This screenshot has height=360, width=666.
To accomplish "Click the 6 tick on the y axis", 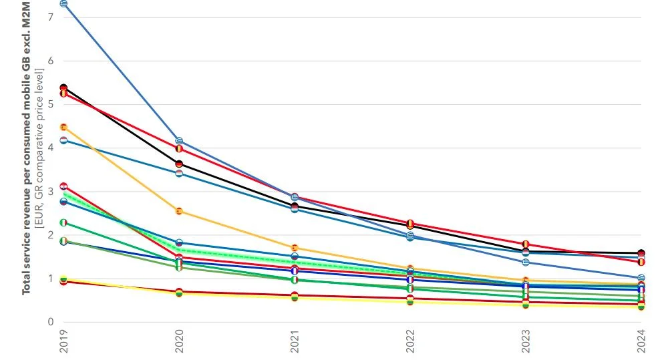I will pos(50,61).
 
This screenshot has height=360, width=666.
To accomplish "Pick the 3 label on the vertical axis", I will pos(50,192).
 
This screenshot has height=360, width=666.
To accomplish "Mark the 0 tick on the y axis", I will pos(50,322).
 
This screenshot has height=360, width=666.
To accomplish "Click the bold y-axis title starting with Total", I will pos(27,147).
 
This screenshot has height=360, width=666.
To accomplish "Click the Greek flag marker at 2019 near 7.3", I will pos(63,4).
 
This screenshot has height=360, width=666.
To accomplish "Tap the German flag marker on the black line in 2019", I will pos(63,87).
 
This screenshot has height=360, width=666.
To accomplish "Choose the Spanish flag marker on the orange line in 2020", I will pos(179,211).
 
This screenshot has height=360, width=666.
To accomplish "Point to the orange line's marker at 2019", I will pos(63,127).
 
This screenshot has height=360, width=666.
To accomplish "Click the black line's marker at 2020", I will pos(179,164).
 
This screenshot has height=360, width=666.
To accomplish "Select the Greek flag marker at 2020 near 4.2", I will pos(179,141).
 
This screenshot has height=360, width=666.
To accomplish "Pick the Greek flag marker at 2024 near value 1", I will pos(641,278).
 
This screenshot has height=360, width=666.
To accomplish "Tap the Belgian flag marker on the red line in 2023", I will pos(526,244).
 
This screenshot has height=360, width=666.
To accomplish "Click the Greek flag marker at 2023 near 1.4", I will pos(526,262).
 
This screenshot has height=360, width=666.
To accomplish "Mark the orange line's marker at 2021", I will pos(295,248).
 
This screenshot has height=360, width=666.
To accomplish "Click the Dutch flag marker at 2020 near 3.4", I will pos(179,173).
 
